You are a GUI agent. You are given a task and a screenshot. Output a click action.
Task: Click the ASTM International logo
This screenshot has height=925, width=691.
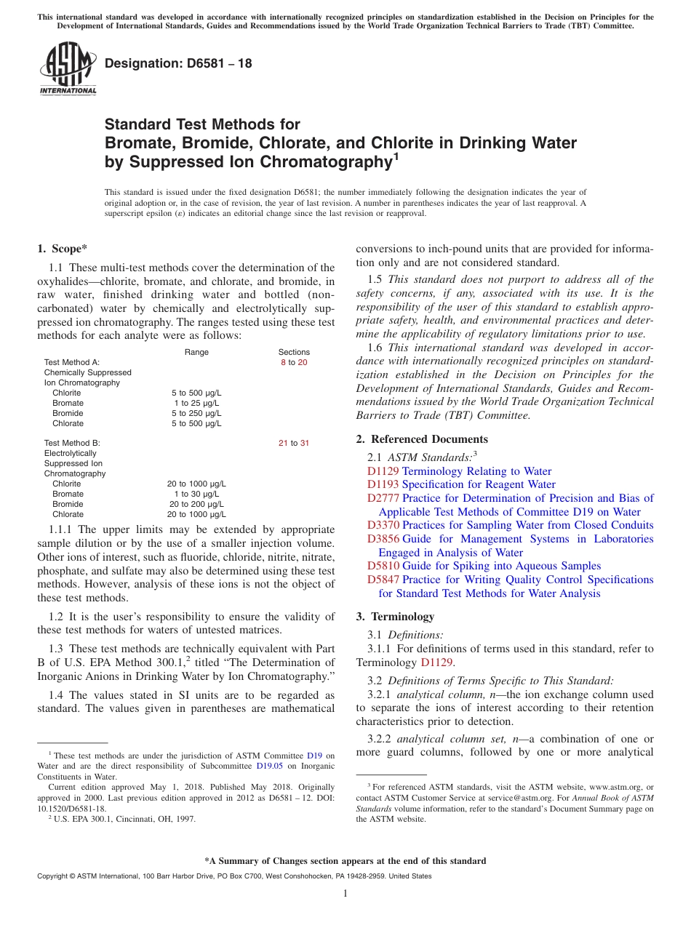[67, 68]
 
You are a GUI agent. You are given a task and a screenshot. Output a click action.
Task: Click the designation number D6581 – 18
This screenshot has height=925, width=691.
[178, 63]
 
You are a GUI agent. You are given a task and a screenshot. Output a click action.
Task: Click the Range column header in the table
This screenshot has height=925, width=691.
[196, 352]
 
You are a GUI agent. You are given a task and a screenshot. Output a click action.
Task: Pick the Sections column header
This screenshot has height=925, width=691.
[294, 352]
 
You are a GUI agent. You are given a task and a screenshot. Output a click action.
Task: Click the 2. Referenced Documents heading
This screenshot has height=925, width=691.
[422, 439]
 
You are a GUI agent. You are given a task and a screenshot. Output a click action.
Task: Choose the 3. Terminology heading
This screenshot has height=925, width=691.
[395, 617]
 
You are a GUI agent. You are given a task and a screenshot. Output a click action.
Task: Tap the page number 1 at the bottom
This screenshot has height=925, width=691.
[345, 894]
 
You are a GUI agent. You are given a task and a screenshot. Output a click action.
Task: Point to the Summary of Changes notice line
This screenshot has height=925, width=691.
[345, 861]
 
